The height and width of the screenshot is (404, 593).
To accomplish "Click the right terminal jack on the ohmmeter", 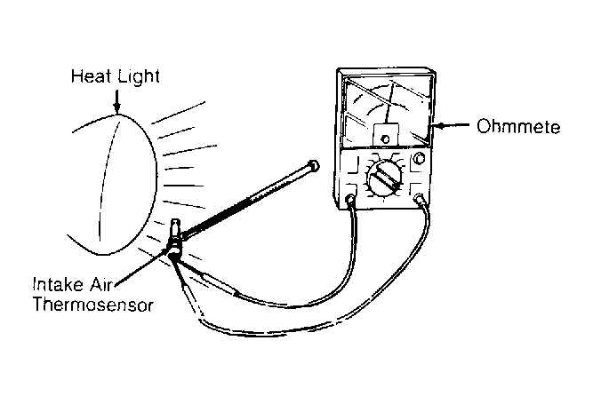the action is coord(418,201).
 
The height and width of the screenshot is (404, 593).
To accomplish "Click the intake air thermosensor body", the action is coord(175,237).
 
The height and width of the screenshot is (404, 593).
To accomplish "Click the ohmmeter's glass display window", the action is coord(387,111).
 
